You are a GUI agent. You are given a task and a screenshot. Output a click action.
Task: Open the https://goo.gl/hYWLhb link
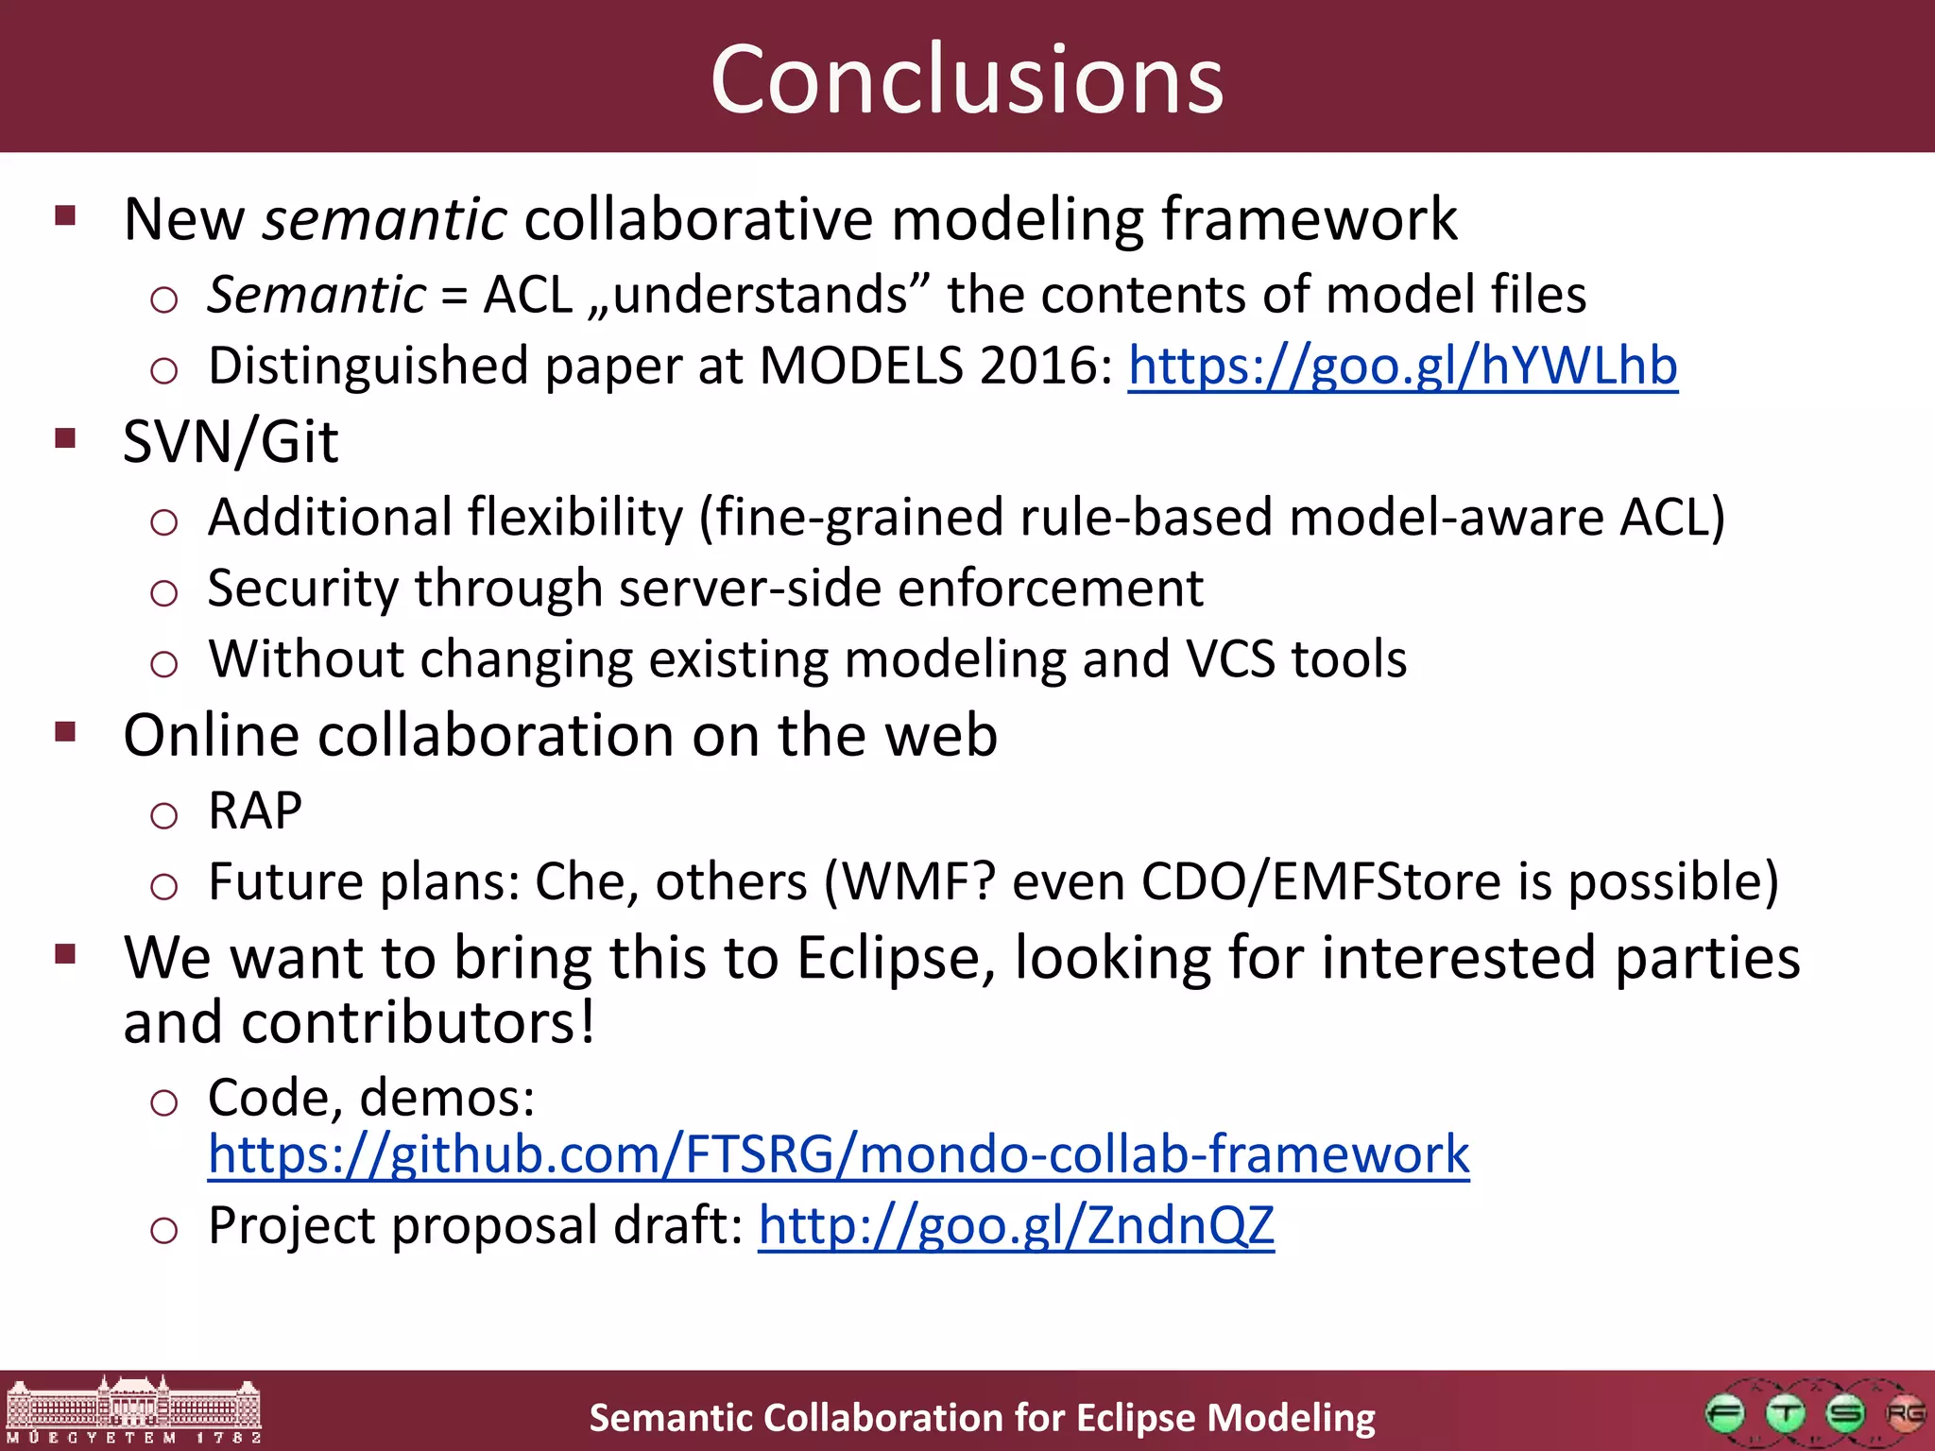[1402, 366]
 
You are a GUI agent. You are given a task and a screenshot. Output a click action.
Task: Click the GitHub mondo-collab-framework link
[838, 1154]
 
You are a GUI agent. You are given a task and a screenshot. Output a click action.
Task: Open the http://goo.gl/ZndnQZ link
[1016, 1225]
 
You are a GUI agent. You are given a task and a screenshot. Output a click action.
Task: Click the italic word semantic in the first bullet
[385, 220]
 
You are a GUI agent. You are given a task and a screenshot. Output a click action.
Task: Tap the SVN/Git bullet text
[231, 442]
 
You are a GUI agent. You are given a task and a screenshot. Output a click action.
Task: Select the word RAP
[255, 811]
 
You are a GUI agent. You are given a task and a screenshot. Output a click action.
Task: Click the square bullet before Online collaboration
[65, 732]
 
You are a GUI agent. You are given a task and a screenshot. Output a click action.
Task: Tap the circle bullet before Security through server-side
[163, 593]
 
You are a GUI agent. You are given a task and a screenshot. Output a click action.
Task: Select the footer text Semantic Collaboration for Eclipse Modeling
[982, 1418]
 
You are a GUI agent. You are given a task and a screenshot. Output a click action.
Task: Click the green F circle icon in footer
[1725, 1414]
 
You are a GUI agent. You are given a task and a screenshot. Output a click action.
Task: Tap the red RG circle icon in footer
[1904, 1414]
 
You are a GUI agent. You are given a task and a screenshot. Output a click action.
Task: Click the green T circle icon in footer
[1785, 1414]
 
